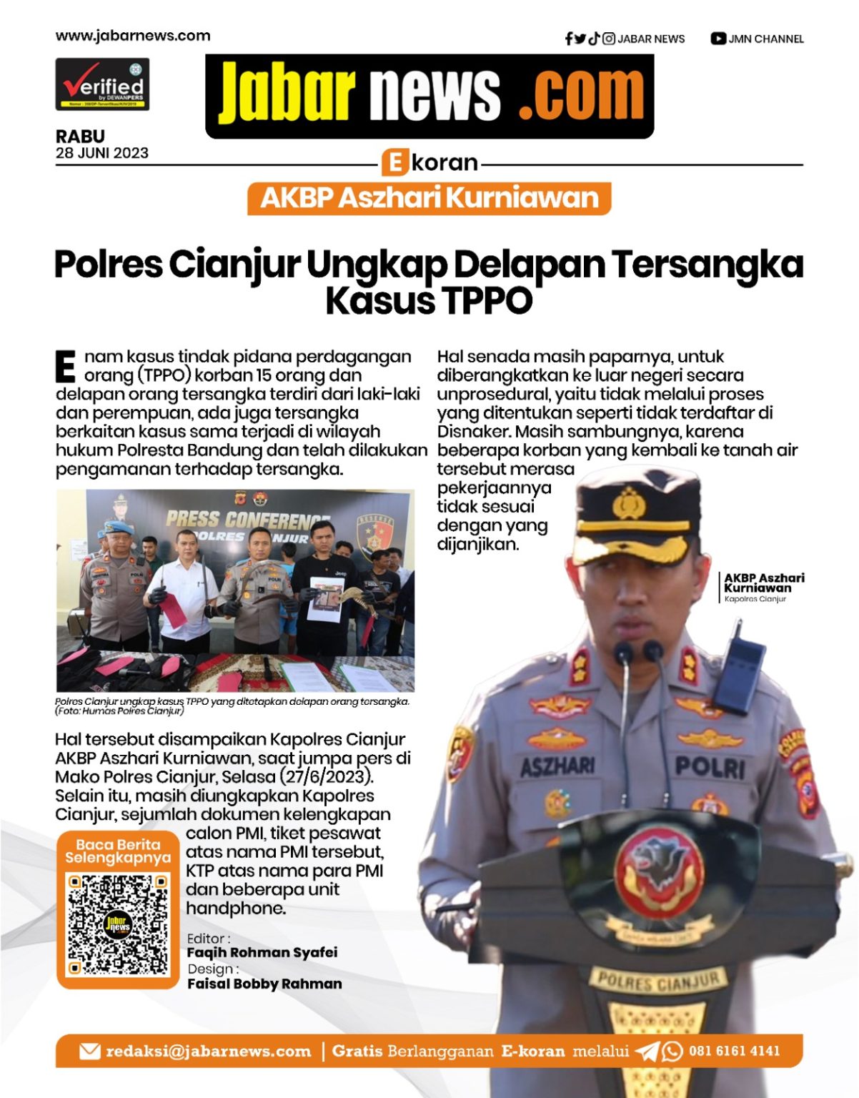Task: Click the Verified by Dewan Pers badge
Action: (x=102, y=84)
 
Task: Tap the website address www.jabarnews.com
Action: (x=133, y=36)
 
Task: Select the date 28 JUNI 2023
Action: (x=102, y=153)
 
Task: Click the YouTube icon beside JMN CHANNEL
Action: (x=718, y=39)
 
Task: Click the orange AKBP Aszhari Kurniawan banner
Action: (x=429, y=198)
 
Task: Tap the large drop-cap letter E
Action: (x=65, y=366)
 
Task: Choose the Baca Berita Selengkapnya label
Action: (x=118, y=851)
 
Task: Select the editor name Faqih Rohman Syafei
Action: (x=262, y=952)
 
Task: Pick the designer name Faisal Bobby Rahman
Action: (x=264, y=984)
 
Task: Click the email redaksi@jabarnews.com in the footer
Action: (x=208, y=1051)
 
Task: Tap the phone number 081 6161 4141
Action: (x=734, y=1051)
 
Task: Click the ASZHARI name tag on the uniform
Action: (x=557, y=767)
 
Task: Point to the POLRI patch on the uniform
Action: (x=709, y=768)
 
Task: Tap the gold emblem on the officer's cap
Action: (x=629, y=503)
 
